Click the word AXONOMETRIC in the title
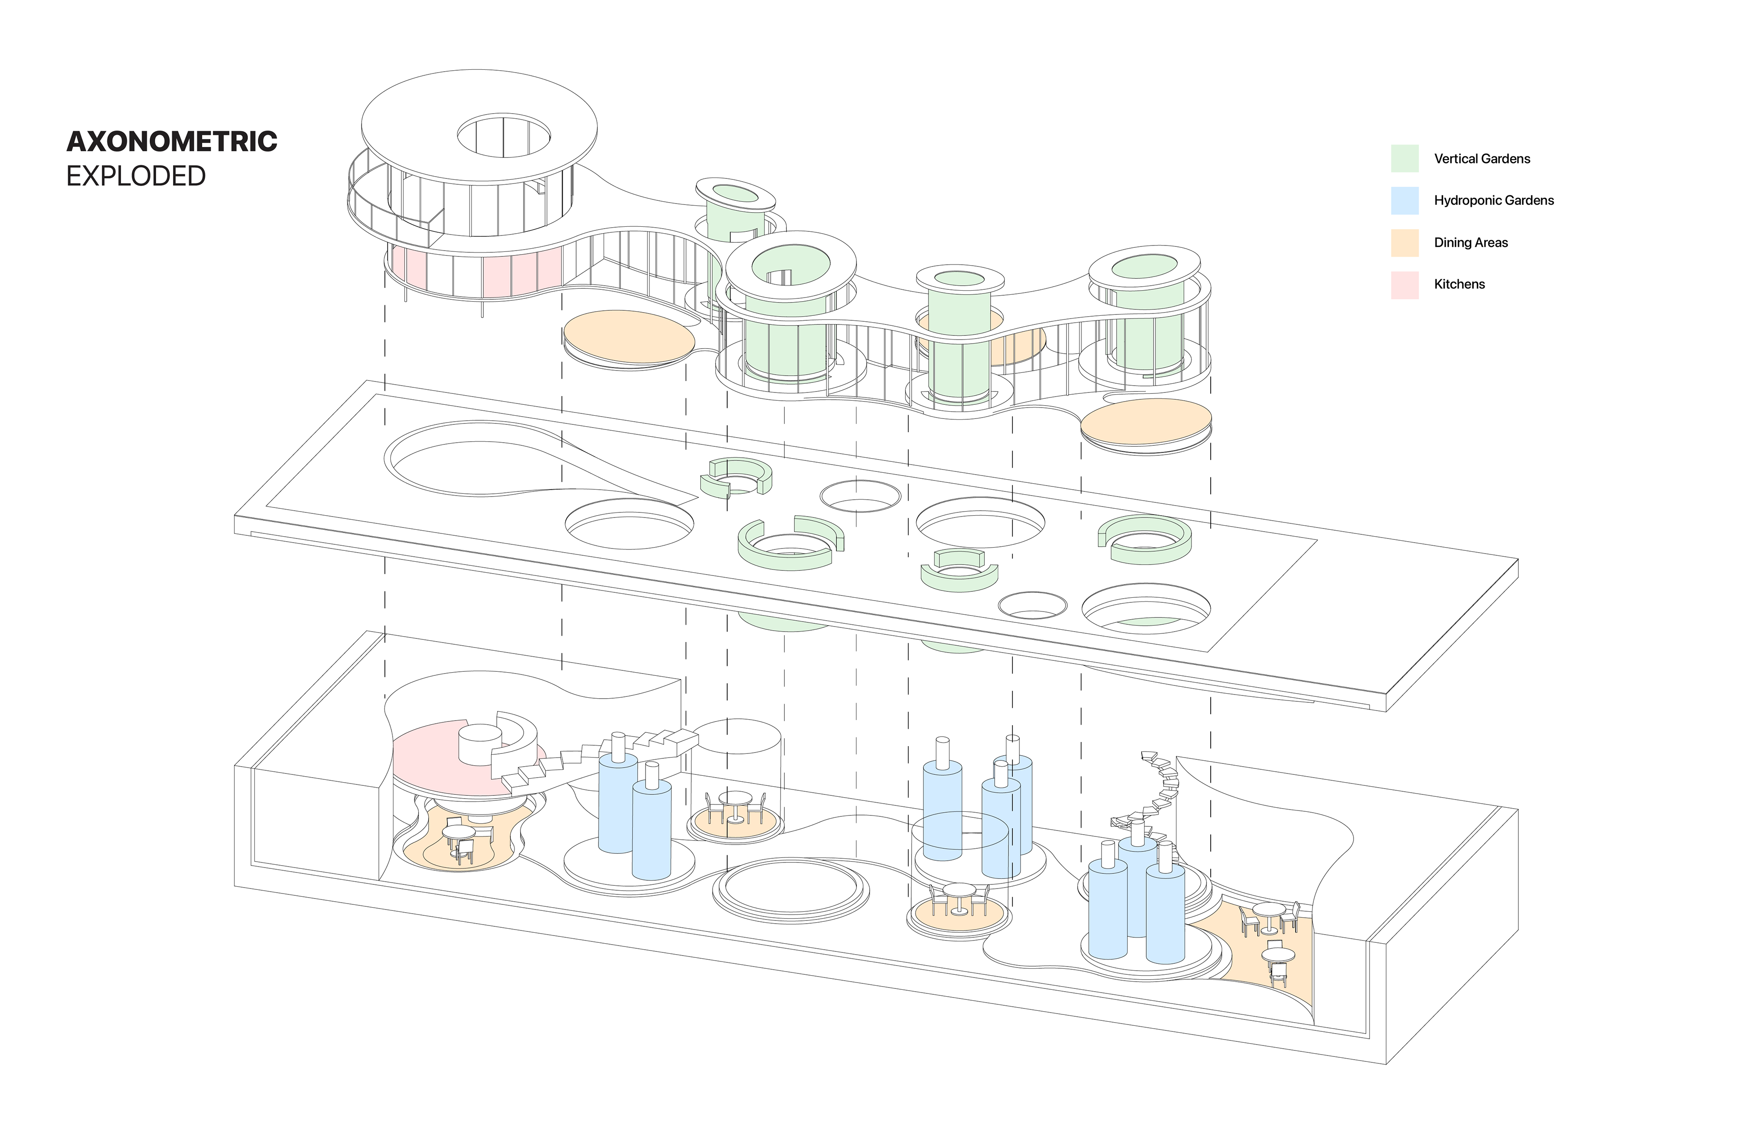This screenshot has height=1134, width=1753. point(172,141)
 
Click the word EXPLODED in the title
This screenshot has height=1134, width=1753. point(136,177)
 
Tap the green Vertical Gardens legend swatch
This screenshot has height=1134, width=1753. point(1405,158)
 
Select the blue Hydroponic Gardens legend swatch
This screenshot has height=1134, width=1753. point(1405,200)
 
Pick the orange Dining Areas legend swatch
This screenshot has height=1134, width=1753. point(1405,242)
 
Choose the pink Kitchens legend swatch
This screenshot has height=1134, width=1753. point(1405,284)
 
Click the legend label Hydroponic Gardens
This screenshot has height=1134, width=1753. point(1494,200)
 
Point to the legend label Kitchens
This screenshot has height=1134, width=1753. point(1459,284)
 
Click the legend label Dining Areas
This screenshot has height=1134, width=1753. point(1471,242)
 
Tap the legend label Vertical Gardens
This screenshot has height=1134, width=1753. point(1482,158)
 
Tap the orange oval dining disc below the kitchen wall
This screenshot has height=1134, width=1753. point(628,338)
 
